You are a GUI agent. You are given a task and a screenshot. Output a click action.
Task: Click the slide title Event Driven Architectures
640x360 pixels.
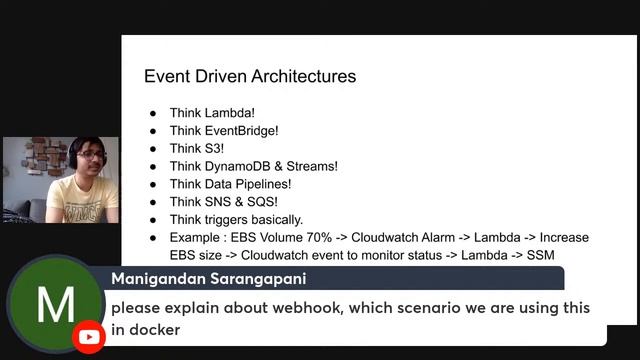pyautogui.click(x=250, y=76)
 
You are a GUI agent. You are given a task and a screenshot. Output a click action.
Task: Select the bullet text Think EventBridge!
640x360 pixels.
pyautogui.click(x=224, y=130)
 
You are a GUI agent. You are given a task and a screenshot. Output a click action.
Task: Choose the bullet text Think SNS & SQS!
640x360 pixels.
pyautogui.click(x=223, y=202)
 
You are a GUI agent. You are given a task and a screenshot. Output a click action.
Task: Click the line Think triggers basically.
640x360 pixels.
pyautogui.click(x=236, y=220)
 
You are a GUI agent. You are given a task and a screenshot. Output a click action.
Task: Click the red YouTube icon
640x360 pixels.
pyautogui.click(x=89, y=337)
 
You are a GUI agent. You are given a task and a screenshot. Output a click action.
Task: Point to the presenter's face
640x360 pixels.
pyautogui.click(x=86, y=161)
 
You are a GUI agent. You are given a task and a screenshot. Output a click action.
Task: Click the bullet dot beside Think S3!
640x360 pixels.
pyautogui.click(x=153, y=148)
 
